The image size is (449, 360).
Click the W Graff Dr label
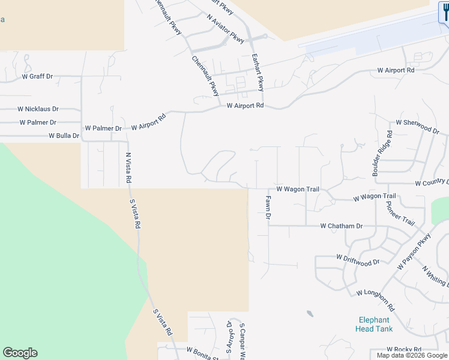[37, 77]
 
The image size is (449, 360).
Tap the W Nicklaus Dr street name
[38, 109]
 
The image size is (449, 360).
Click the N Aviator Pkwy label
[226, 29]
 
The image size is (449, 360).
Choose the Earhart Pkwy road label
[258, 72]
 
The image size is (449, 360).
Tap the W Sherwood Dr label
[414, 125]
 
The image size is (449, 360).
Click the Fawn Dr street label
[269, 206]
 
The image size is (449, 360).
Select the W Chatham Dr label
[342, 226]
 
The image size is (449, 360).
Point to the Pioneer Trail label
[400, 212]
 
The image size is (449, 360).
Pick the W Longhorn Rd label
[375, 301]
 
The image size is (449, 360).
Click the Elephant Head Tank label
[374, 324]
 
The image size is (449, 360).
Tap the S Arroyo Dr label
[229, 338]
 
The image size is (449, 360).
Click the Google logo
[20, 353]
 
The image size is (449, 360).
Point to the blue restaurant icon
[444, 12]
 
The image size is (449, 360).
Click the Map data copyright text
[412, 356]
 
